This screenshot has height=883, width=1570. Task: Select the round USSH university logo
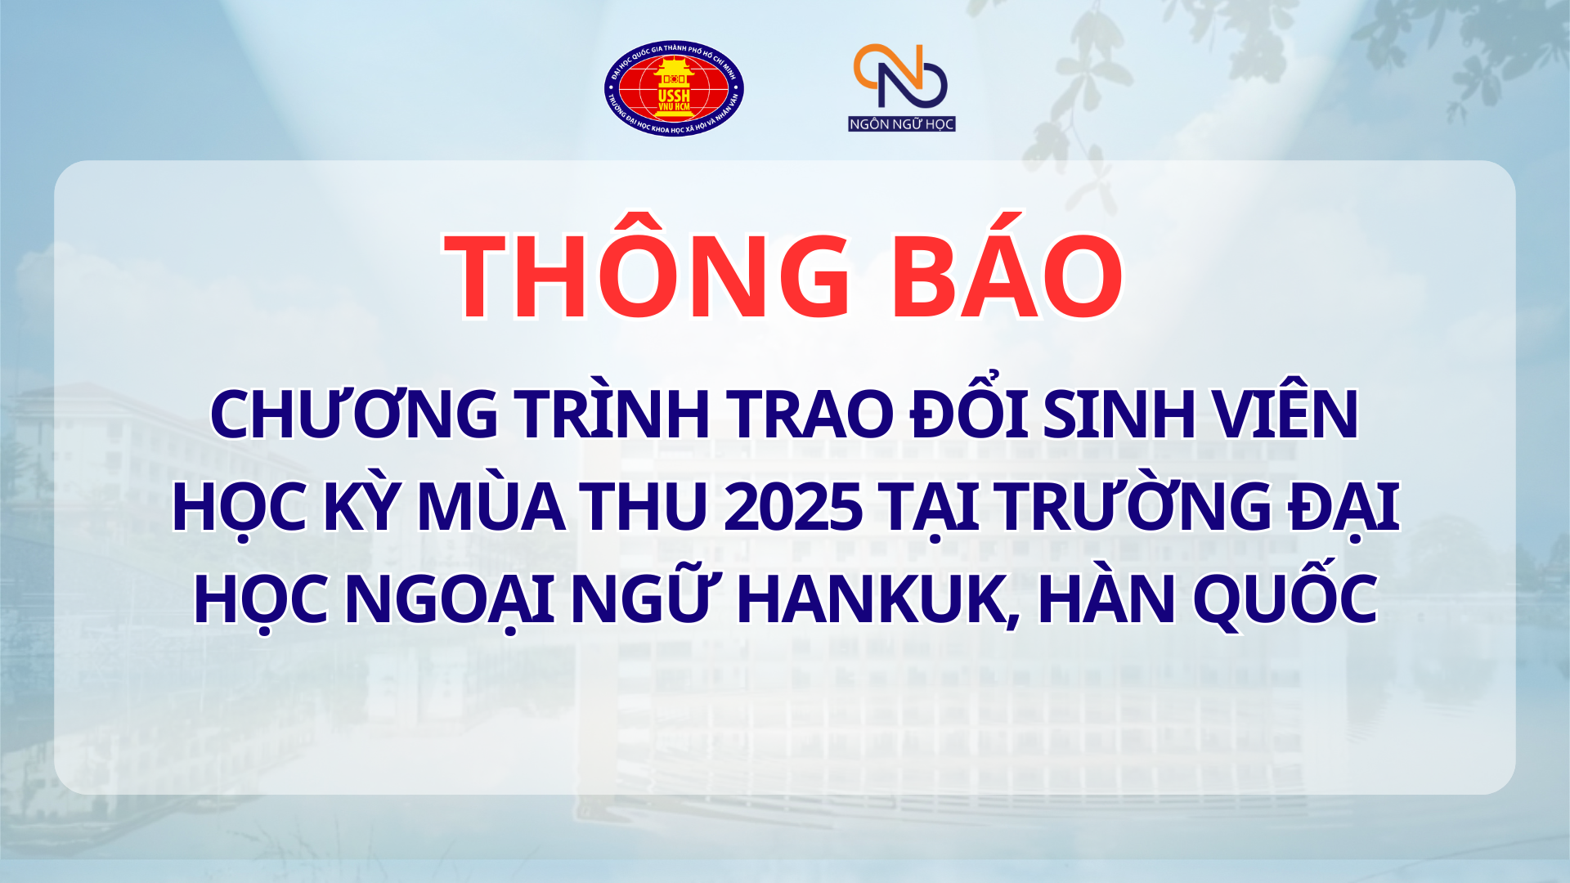click(x=674, y=88)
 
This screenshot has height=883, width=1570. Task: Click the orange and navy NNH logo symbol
click(x=900, y=76)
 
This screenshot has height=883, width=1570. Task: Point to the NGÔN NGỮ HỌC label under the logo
click(x=902, y=123)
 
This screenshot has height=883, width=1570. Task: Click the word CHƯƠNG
click(x=354, y=414)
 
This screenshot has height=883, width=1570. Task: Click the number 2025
click(x=793, y=507)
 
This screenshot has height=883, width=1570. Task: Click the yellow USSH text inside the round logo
click(x=674, y=96)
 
